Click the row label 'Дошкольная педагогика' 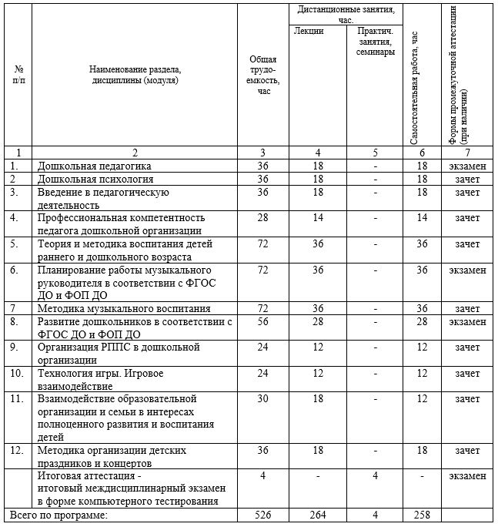[x=95, y=166]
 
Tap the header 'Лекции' [x=308, y=32]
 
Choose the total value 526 [x=263, y=514]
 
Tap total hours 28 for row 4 [x=263, y=218]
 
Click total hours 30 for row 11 [x=263, y=399]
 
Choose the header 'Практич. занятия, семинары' [x=375, y=42]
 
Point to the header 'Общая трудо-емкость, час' [x=263, y=75]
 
